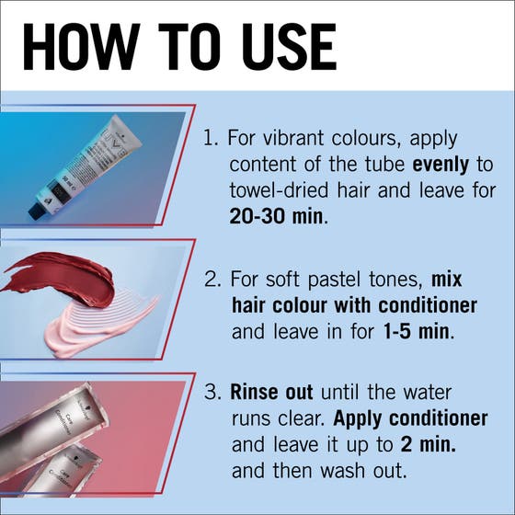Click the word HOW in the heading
[82, 47]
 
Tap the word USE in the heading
[289, 47]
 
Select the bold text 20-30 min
[276, 216]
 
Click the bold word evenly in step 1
[441, 166]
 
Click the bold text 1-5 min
[416, 331]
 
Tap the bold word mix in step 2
[446, 279]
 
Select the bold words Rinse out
[271, 392]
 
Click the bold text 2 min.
[429, 444]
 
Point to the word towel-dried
[279, 190]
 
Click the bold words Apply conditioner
[410, 418]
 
